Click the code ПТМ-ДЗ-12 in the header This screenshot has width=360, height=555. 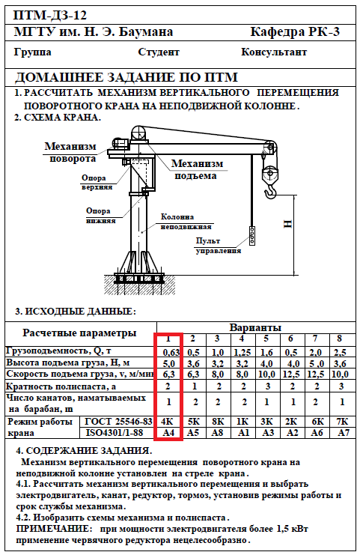click(50, 15)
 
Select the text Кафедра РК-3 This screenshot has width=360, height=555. click(295, 32)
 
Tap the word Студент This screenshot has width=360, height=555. click(159, 52)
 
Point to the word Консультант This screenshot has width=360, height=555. click(274, 52)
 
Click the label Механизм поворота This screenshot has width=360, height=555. click(70, 152)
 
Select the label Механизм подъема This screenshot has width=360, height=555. click(198, 169)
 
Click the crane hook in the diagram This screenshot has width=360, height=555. click(270, 193)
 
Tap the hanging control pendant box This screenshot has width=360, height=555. click(252, 236)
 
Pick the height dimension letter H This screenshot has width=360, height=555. click(288, 224)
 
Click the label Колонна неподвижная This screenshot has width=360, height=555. click(186, 222)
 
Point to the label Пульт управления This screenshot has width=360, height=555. click(219, 246)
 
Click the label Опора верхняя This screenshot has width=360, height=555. click(97, 182)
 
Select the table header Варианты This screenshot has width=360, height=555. click(255, 327)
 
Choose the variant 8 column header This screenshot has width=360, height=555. click(340, 339)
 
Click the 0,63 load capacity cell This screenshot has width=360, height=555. click(171, 353)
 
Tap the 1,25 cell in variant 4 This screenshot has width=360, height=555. click(242, 353)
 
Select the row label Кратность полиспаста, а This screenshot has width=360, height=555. click(61, 386)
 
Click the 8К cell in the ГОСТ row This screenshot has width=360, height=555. click(218, 422)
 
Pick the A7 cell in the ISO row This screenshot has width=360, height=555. click(344, 432)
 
